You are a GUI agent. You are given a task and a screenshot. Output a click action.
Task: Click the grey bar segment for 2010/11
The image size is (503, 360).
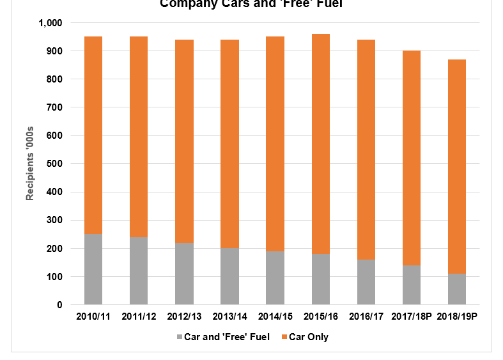[x=93, y=269]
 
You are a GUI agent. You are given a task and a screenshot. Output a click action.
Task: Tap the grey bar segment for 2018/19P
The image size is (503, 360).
[x=456, y=289]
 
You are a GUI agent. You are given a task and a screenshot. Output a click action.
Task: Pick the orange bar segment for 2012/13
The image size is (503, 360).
[x=184, y=141]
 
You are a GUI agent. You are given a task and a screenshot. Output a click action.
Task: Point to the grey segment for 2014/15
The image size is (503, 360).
[x=275, y=278]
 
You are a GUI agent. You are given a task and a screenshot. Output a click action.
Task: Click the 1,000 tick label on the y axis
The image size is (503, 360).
[x=50, y=23]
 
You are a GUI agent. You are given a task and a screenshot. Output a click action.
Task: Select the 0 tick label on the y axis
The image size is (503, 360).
[x=59, y=305]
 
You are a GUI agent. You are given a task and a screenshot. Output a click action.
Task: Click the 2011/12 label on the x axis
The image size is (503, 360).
[x=139, y=317]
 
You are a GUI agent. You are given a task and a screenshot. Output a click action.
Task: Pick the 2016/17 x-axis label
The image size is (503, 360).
[x=366, y=317]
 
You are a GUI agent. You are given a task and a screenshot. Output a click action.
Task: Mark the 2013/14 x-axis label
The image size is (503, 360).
[x=229, y=317]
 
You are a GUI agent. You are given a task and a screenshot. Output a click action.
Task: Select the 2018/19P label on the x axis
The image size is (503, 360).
[x=456, y=317]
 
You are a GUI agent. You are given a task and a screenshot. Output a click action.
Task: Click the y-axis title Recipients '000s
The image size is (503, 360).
[x=30, y=164]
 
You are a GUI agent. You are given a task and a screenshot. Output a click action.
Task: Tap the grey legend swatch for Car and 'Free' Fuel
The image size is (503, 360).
[x=178, y=337]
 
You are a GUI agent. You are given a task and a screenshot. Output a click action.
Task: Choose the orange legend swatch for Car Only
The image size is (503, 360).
[x=284, y=337]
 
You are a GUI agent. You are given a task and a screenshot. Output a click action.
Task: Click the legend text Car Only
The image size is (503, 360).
[x=309, y=337]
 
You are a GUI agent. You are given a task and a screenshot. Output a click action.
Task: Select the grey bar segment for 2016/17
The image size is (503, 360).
[x=366, y=282]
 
